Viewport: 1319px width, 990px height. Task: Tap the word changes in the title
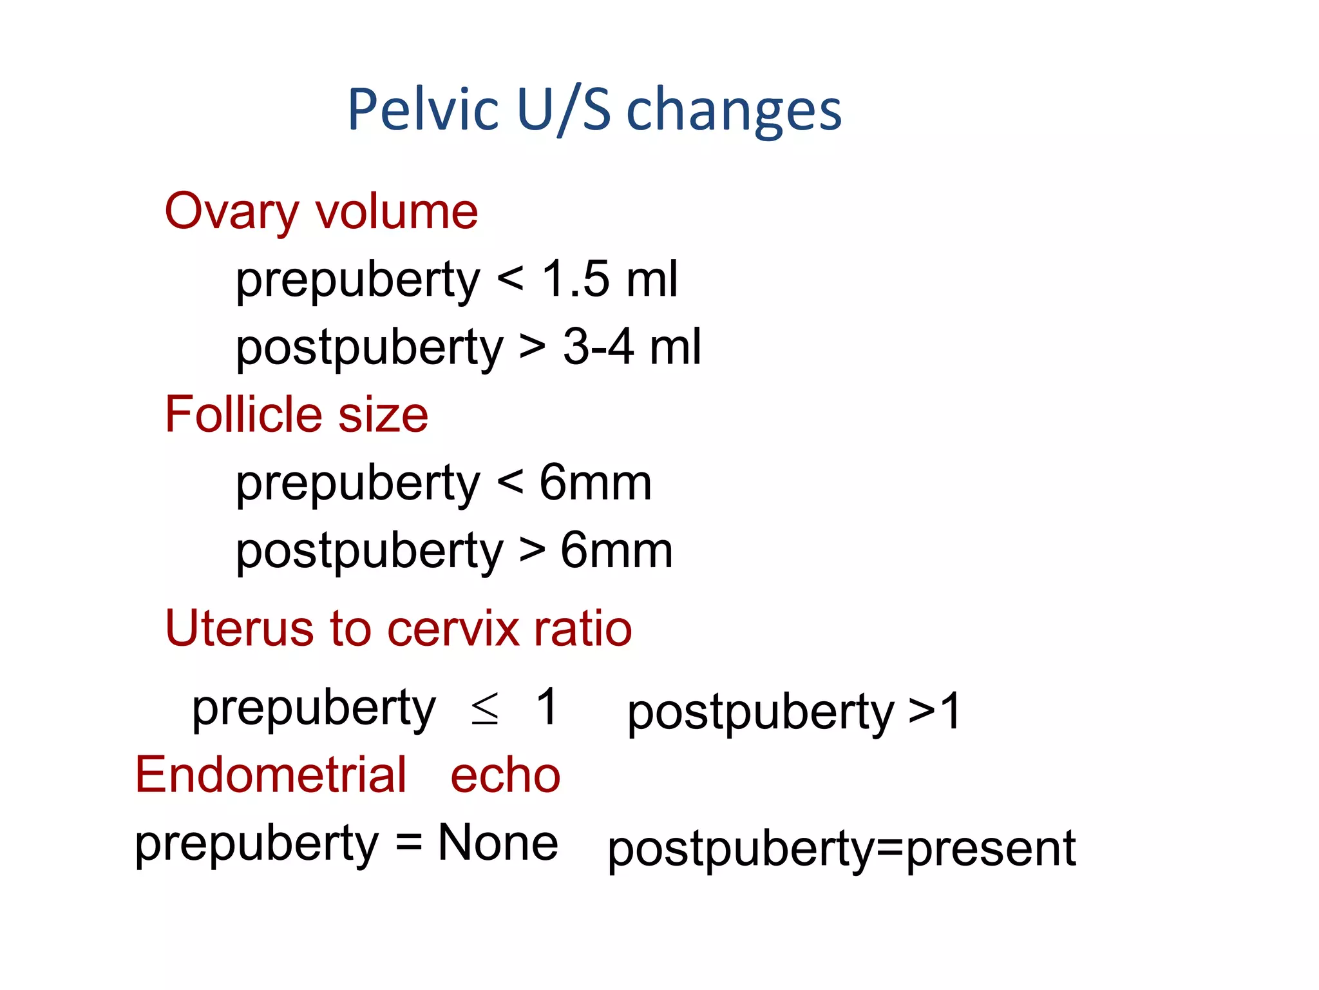(x=734, y=111)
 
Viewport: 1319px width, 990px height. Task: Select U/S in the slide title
(x=564, y=110)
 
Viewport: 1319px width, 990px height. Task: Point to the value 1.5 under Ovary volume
(x=576, y=279)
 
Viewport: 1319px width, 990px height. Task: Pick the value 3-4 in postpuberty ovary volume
(x=598, y=347)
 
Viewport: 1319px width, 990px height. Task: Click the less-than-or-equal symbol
(x=484, y=709)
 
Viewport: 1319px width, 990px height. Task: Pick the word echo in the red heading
(x=506, y=775)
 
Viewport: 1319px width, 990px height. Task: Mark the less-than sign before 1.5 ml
(x=511, y=279)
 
